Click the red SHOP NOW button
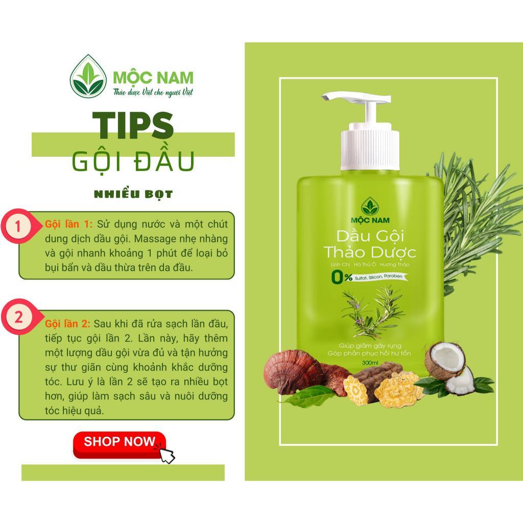(x=120, y=444)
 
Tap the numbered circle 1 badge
(x=18, y=226)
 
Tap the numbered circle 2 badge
(x=18, y=316)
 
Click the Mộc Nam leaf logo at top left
(x=88, y=76)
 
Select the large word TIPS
(x=133, y=125)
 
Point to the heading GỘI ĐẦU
(x=133, y=161)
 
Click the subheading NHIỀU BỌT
(x=133, y=194)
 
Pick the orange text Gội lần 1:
(x=68, y=224)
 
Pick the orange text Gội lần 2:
(x=67, y=323)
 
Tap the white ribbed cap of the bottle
(x=370, y=147)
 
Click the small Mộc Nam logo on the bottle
(x=370, y=210)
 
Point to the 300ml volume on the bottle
(x=370, y=363)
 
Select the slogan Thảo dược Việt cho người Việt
(x=153, y=92)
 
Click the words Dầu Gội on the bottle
(x=370, y=236)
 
